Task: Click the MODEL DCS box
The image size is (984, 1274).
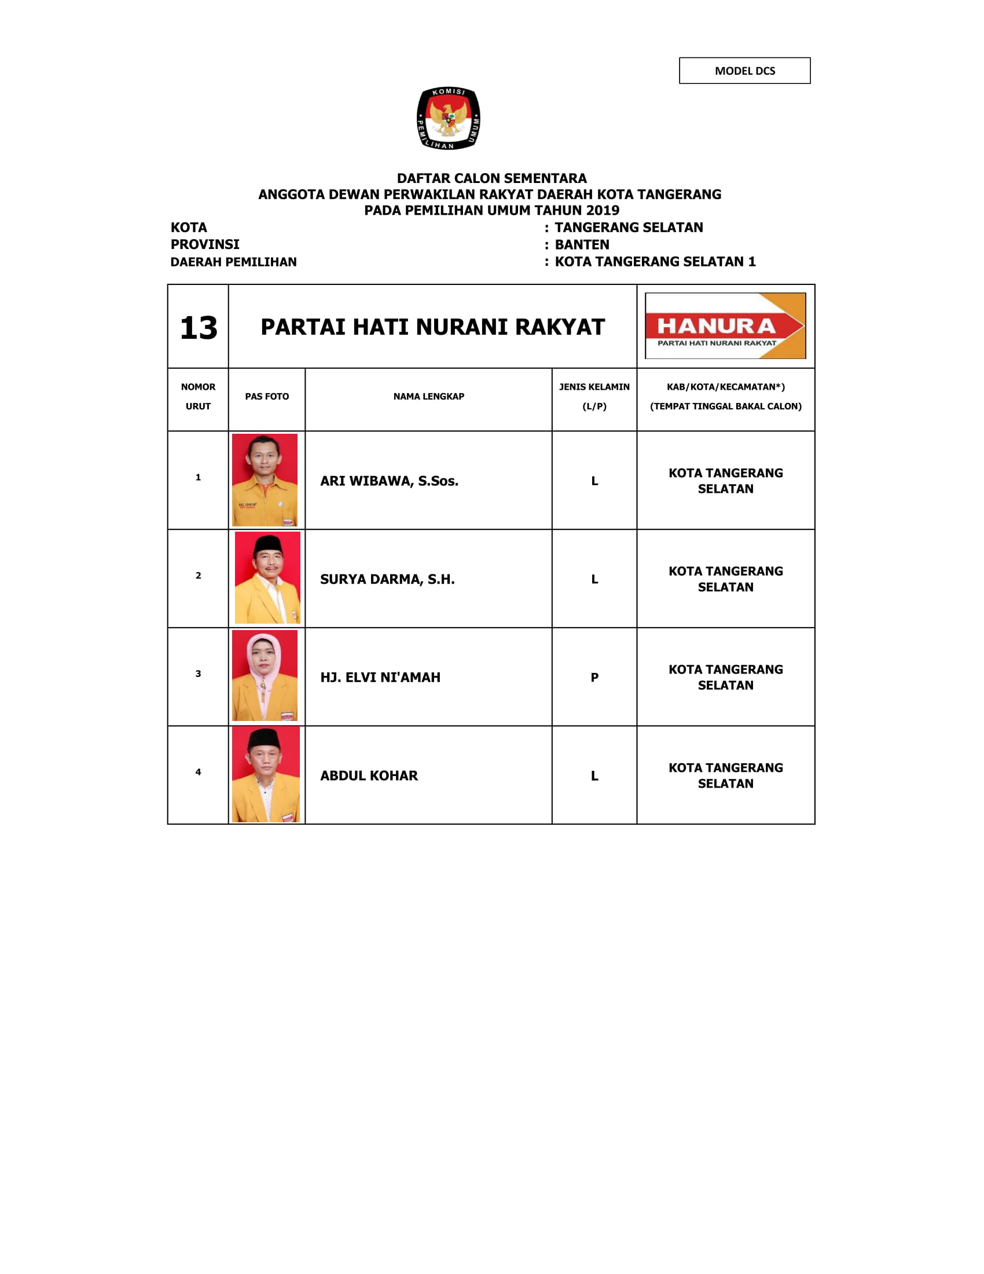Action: click(744, 71)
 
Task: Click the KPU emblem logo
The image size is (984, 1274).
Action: click(448, 118)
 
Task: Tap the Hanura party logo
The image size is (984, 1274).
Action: click(725, 325)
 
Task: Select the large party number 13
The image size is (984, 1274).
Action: click(198, 328)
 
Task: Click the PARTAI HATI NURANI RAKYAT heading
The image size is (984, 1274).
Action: click(432, 327)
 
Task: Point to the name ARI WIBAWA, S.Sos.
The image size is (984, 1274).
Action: click(389, 481)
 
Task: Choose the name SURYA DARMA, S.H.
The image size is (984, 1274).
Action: click(387, 579)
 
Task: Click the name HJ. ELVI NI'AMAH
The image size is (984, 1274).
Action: click(380, 678)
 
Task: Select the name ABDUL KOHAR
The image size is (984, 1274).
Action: click(369, 776)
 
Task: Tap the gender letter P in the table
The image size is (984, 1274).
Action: click(594, 678)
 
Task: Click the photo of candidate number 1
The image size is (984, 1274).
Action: click(265, 479)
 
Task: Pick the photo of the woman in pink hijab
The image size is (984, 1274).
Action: click(265, 675)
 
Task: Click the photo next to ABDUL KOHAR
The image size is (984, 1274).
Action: click(266, 774)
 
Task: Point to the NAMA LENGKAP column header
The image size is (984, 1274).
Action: click(428, 397)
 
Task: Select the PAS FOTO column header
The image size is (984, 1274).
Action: click(266, 397)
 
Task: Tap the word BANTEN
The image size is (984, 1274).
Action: click(582, 245)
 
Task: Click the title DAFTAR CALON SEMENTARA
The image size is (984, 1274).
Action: click(491, 178)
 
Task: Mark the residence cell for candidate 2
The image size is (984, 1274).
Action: click(725, 579)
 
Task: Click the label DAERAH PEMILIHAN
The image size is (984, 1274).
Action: click(233, 262)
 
